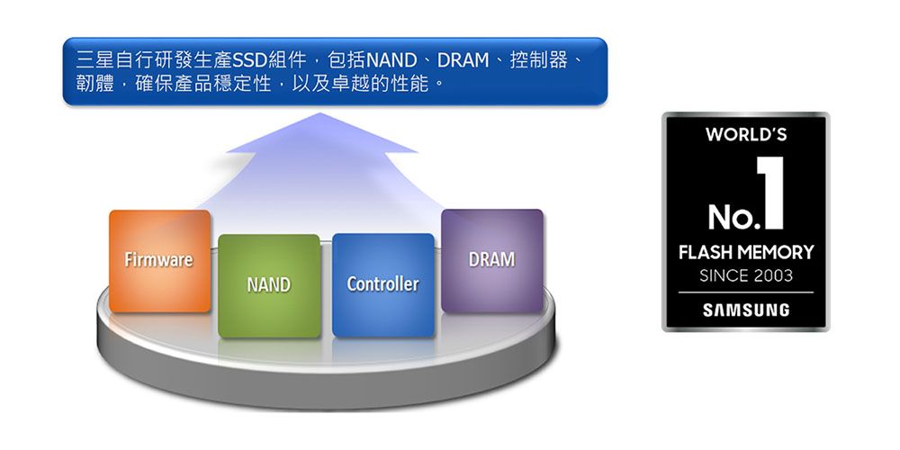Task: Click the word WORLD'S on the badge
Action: [x=746, y=135]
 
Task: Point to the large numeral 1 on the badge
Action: [x=769, y=191]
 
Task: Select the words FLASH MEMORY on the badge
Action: [x=745, y=252]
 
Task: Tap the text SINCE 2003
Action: [x=745, y=275]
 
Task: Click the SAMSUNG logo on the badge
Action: [x=745, y=310]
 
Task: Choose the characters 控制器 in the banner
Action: [x=538, y=61]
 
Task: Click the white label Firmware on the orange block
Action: [x=158, y=260]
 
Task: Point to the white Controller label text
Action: [x=382, y=283]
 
